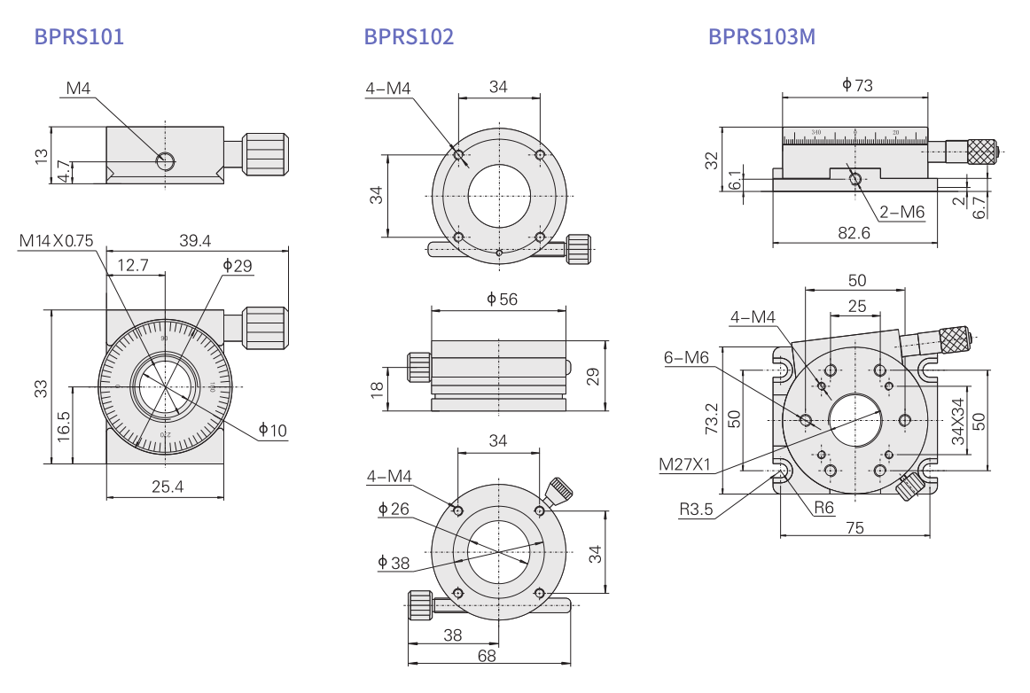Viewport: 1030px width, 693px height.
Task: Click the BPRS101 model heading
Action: point(79,36)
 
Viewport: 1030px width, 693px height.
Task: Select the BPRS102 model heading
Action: point(409,36)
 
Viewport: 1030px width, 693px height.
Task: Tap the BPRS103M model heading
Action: point(761,36)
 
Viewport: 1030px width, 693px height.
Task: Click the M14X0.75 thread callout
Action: point(56,240)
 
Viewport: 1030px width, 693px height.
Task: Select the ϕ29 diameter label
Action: point(238,265)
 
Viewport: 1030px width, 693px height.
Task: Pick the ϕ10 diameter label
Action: point(273,431)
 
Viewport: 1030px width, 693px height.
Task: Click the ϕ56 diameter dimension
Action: point(502,300)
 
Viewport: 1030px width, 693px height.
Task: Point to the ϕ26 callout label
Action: point(394,509)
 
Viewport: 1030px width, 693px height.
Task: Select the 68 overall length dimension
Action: point(487,657)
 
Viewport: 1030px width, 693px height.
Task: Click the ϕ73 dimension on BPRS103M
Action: point(857,85)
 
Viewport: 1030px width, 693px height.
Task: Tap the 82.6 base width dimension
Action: point(854,232)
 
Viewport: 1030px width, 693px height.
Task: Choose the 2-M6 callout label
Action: point(902,212)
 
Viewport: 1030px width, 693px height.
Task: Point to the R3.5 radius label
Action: point(697,510)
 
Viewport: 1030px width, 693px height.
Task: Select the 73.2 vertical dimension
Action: point(711,419)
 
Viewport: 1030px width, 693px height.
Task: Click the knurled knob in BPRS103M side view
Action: point(981,152)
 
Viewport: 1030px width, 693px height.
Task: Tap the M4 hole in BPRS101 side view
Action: point(165,160)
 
